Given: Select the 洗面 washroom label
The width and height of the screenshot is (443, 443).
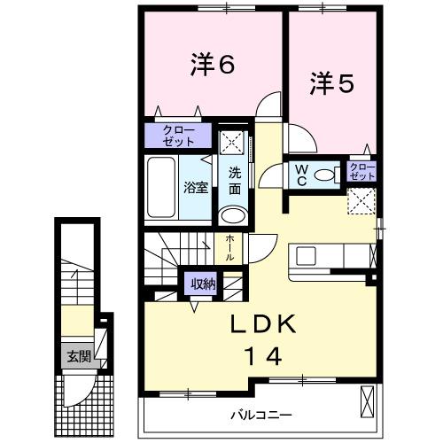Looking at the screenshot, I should (234, 181).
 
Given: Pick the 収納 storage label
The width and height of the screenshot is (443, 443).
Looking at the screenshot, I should (201, 284).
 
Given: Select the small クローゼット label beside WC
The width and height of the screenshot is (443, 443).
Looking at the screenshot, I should (361, 170).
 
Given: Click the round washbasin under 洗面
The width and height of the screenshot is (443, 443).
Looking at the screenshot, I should (233, 216).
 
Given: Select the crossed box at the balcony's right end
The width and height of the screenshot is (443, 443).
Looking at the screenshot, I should (368, 401).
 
